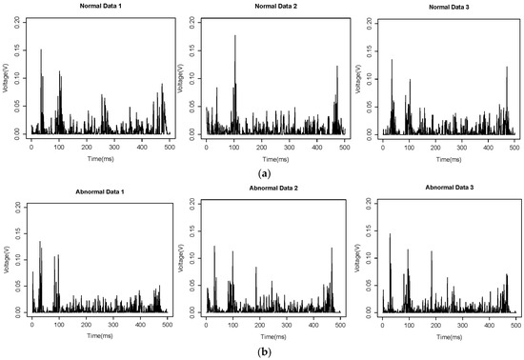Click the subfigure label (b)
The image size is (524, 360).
tap(262, 350)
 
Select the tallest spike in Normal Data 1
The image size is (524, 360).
tap(41, 51)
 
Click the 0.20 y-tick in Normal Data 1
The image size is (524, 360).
tap(18, 19)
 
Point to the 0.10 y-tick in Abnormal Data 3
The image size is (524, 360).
tap(371, 258)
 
